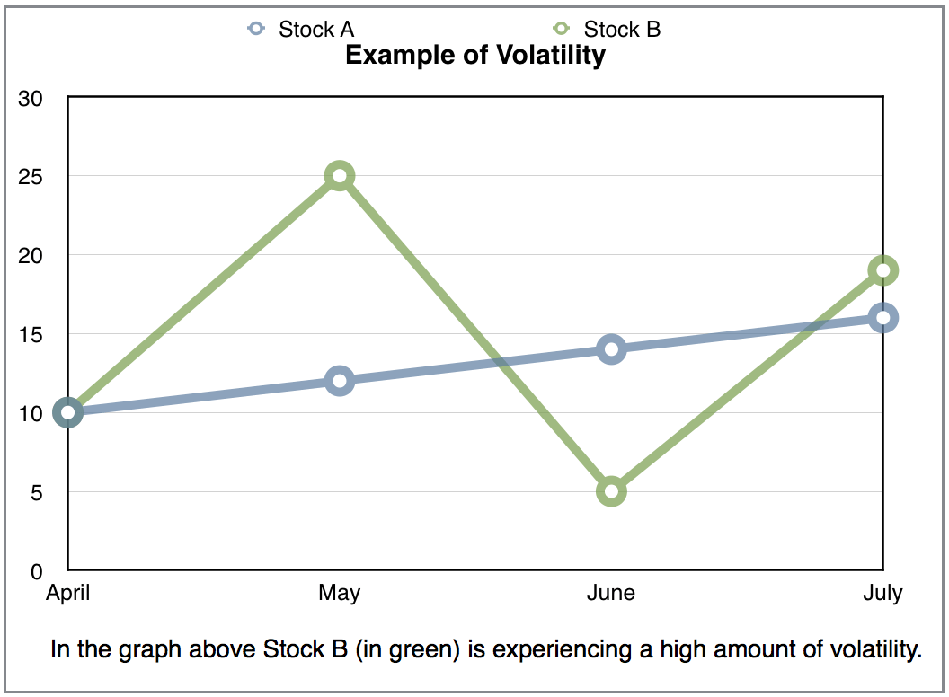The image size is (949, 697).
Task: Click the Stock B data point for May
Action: [x=340, y=176]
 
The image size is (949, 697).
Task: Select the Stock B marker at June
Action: [x=611, y=491]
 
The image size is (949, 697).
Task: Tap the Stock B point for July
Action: [x=883, y=270]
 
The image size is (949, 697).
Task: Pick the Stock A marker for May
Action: [x=340, y=381]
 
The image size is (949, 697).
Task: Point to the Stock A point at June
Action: [x=611, y=349]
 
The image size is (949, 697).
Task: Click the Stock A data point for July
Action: [x=883, y=318]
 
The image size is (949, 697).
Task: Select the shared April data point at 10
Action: [x=67, y=412]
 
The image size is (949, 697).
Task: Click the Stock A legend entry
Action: [x=301, y=29]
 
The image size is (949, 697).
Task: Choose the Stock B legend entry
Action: [x=607, y=29]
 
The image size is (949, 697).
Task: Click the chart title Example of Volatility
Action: [x=475, y=55]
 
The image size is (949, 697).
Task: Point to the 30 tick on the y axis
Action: [x=31, y=99]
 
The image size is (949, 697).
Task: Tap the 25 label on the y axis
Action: [x=31, y=177]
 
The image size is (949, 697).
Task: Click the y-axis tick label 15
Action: [x=31, y=335]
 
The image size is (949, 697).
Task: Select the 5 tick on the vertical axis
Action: [x=36, y=492]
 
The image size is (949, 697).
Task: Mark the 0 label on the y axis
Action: [x=36, y=571]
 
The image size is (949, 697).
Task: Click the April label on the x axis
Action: [x=67, y=593]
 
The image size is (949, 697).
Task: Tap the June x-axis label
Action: [x=611, y=592]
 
